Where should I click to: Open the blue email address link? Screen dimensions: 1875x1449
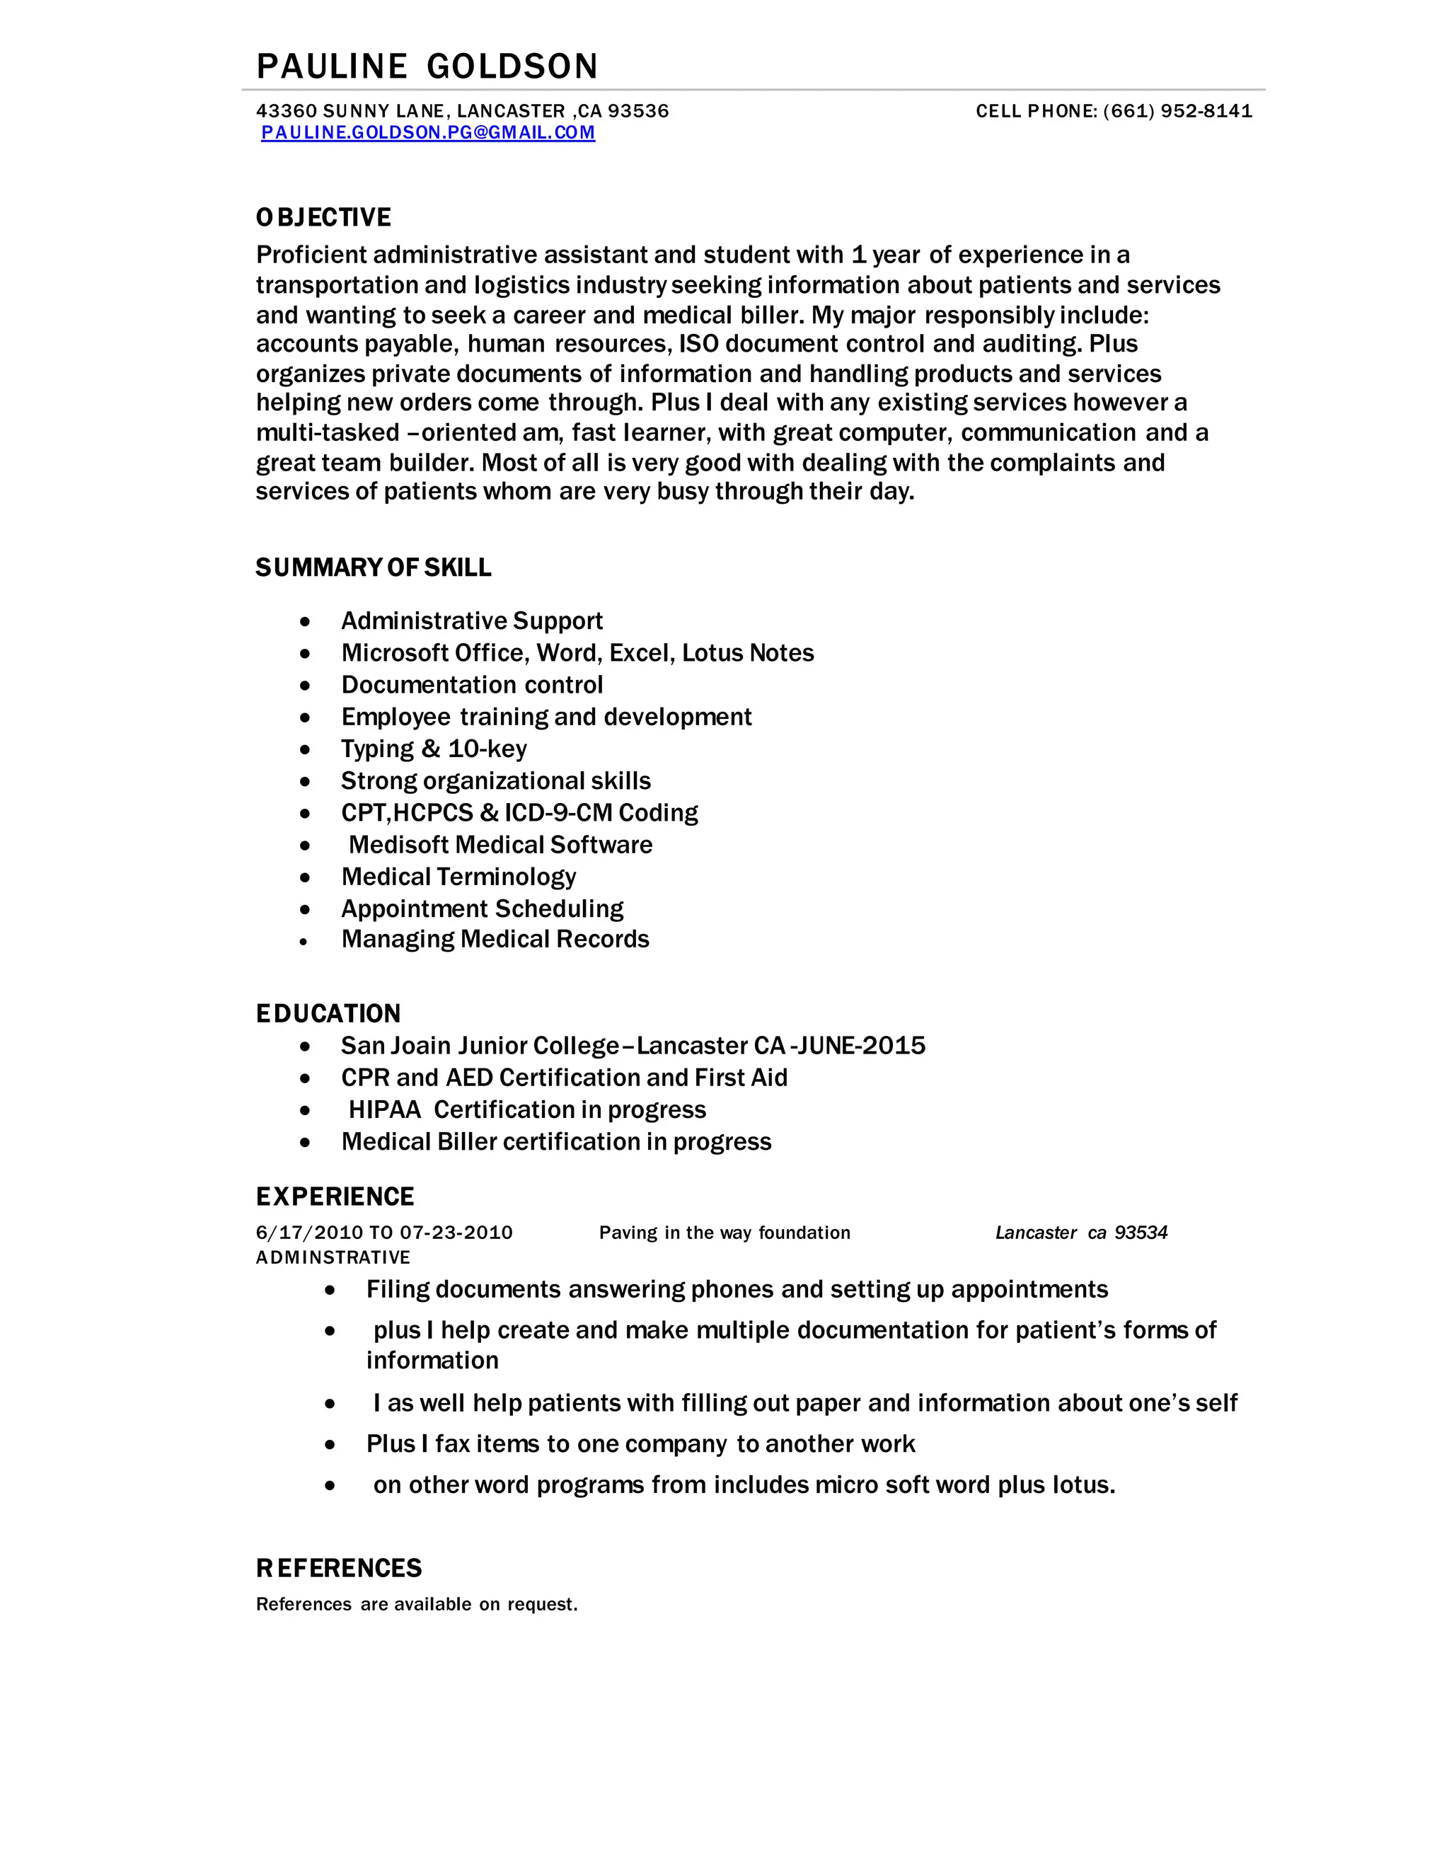coord(427,132)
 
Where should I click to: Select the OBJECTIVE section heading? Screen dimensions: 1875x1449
coord(323,217)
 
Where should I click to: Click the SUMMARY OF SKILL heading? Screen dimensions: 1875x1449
coord(374,567)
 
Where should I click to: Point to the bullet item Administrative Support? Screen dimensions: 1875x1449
coord(471,621)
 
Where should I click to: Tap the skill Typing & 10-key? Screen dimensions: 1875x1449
coord(434,749)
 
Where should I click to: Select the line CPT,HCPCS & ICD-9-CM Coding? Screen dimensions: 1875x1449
coord(519,812)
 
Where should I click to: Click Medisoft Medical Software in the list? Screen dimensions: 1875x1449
coord(500,845)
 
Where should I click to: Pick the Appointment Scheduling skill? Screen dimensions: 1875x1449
coord(482,908)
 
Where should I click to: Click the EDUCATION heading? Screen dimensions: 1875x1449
coord(328,1014)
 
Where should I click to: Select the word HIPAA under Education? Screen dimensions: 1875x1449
coord(385,1110)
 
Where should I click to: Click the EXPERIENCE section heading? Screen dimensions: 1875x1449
coord(335,1196)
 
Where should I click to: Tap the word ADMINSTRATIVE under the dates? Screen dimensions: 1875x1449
coord(333,1258)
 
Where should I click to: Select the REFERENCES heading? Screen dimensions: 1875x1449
coord(339,1569)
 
